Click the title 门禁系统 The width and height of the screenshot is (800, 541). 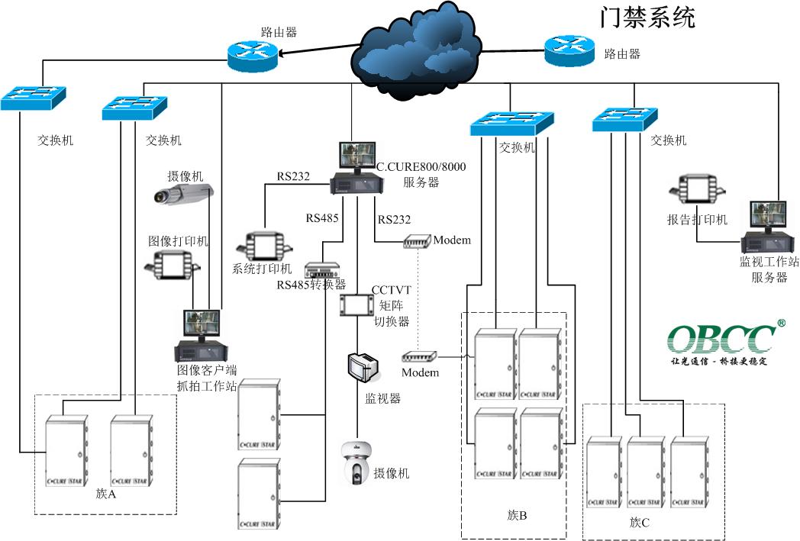pyautogui.click(x=647, y=17)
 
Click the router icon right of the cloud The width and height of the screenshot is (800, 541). pyautogui.click(x=569, y=53)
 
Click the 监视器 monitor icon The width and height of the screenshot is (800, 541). pyautogui.click(x=363, y=367)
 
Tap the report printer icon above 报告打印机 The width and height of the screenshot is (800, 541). pyautogui.click(x=695, y=192)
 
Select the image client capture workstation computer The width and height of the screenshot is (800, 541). pyautogui.click(x=197, y=336)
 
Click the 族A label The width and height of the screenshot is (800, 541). pyautogui.click(x=106, y=494)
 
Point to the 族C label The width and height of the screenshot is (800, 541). pyautogui.click(x=640, y=523)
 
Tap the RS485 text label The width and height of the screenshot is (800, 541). pyautogui.click(x=323, y=218)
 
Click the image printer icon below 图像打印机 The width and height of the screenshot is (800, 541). pyautogui.click(x=171, y=264)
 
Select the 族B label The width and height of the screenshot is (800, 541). pyautogui.click(x=517, y=515)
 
